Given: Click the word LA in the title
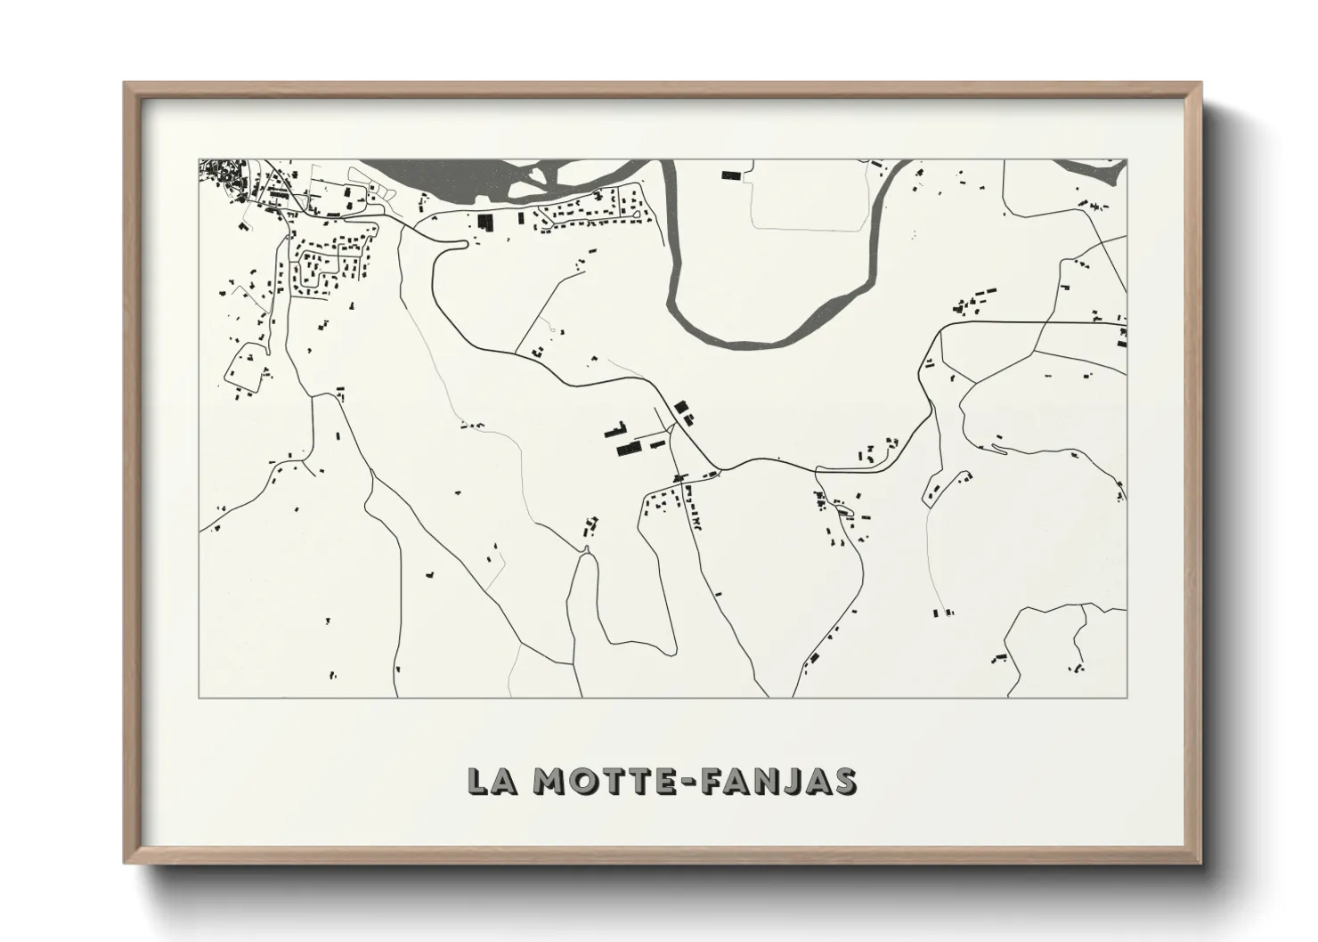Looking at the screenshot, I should (x=489, y=781).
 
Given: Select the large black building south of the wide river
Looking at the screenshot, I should (x=485, y=223).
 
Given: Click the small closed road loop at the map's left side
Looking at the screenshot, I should (x=242, y=369).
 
